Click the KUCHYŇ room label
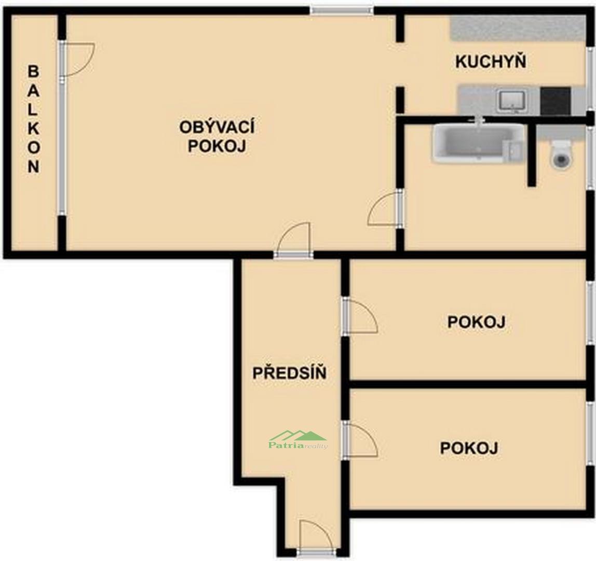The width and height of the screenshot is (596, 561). tap(491, 61)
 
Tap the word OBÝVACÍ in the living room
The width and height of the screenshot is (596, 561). tap(217, 127)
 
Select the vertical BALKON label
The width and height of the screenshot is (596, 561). tap(33, 119)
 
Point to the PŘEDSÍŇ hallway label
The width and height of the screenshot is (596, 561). tap(290, 373)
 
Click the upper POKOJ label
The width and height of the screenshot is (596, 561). tap(476, 322)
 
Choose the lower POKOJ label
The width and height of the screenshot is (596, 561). tap(469, 448)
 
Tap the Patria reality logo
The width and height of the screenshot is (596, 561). tap(298, 440)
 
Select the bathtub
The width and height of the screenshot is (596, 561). tap(478, 144)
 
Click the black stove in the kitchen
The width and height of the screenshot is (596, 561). tap(556, 101)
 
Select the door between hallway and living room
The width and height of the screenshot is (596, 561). tap(293, 239)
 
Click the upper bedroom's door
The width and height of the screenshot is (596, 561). tap(360, 316)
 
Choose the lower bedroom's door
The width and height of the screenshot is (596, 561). tap(360, 439)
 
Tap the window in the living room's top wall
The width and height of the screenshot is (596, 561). tap(342, 10)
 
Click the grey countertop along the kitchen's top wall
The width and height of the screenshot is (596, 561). tap(517, 29)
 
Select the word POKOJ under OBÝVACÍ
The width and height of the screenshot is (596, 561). tap(217, 146)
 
